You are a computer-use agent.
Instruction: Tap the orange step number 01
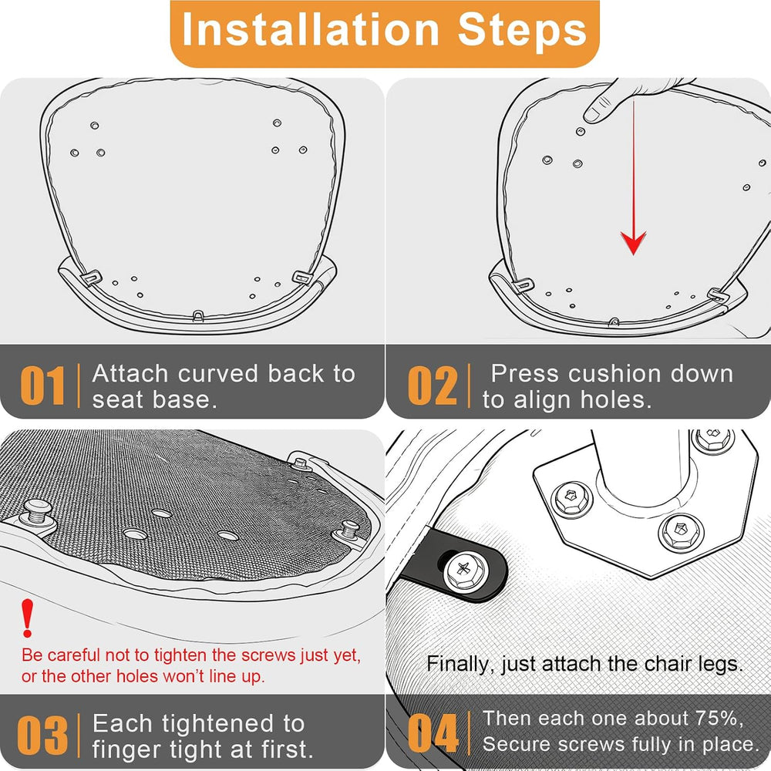click(x=42, y=386)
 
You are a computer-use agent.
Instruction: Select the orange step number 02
click(x=433, y=386)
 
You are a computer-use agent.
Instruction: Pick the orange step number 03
click(x=42, y=736)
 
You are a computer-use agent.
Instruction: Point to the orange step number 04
click(x=433, y=733)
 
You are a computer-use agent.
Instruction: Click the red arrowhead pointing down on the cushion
click(x=633, y=242)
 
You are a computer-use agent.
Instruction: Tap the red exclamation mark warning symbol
click(x=28, y=618)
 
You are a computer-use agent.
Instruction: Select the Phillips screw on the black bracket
click(x=463, y=571)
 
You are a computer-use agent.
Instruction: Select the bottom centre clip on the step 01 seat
click(x=197, y=315)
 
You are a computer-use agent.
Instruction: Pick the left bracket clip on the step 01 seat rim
click(x=91, y=278)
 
